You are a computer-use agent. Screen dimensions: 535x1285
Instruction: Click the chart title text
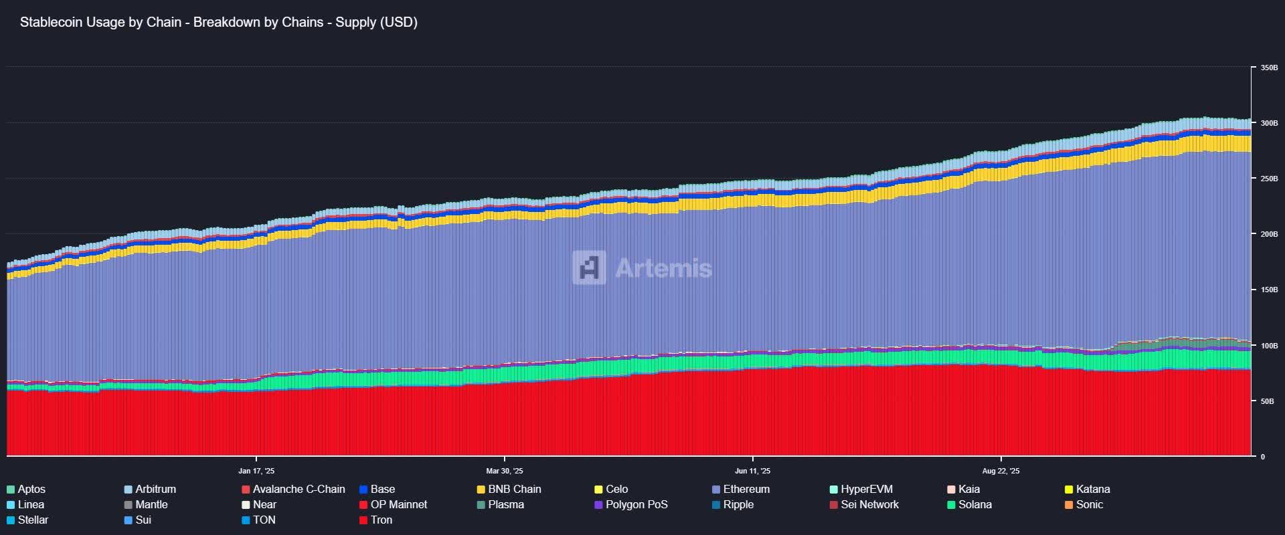[218, 22]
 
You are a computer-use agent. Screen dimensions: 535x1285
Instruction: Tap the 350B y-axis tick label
[1269, 68]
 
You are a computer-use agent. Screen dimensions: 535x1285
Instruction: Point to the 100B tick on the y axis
[1269, 346]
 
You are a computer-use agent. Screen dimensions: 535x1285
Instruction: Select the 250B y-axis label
[1269, 179]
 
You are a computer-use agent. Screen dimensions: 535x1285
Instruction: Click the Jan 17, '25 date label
[256, 471]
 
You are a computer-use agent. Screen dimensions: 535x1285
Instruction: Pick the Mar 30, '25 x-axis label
[505, 471]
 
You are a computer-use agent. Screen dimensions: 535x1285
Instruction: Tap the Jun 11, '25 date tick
[752, 471]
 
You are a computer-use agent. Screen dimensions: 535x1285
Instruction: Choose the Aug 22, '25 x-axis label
[1001, 471]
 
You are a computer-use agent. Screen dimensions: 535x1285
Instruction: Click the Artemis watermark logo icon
[589, 267]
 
